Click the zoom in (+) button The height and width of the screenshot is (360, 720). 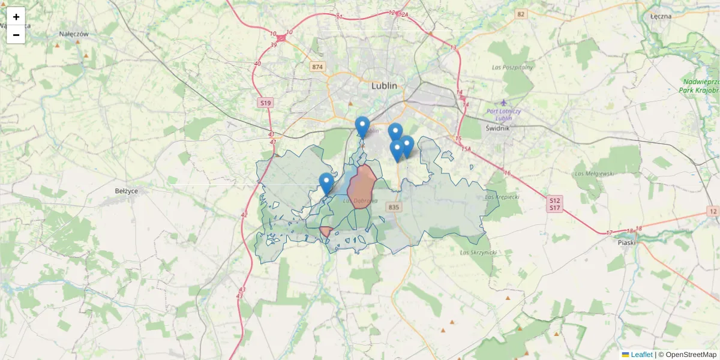point(16,17)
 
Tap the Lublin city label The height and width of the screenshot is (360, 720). point(384,86)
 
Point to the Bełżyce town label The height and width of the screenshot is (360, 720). point(127,191)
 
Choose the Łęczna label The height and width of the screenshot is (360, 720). point(661,16)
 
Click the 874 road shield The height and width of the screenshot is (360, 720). point(317,67)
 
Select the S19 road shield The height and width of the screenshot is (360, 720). point(265,103)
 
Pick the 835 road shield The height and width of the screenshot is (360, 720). point(394,207)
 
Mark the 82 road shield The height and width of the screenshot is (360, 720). point(520,14)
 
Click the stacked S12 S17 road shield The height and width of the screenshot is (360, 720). point(554,204)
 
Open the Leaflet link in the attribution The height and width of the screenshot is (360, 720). point(641,355)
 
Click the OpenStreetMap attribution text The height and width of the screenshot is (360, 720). point(688,355)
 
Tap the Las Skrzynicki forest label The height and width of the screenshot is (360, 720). point(478,253)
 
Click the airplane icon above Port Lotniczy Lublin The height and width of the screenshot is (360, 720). point(504,103)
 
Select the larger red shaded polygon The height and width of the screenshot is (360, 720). point(361,187)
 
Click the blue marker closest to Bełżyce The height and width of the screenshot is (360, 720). point(326,183)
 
